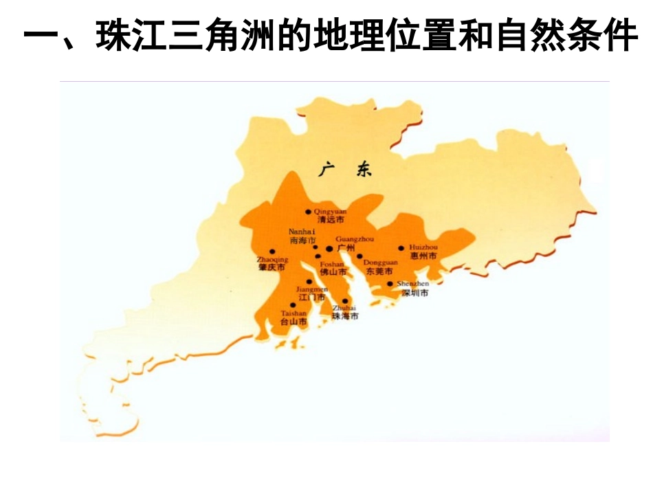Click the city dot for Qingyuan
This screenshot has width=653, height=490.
click(308, 212)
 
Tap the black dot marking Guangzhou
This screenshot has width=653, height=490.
click(329, 248)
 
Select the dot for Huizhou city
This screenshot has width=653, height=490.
click(401, 248)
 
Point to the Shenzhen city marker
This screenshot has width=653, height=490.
click(390, 283)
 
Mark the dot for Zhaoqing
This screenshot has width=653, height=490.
click(272, 252)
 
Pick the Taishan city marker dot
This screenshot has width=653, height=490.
click(294, 304)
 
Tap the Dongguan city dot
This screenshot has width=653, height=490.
click(359, 256)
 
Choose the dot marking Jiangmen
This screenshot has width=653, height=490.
click(309, 282)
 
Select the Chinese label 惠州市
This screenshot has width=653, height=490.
click(423, 256)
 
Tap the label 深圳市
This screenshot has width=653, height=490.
click(415, 293)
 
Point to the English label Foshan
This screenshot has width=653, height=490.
click(332, 264)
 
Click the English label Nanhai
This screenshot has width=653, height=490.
click(302, 232)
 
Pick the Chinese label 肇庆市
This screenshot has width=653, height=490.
click(272, 267)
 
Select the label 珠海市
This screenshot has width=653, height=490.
click(345, 317)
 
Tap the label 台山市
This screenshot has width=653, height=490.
click(294, 321)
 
